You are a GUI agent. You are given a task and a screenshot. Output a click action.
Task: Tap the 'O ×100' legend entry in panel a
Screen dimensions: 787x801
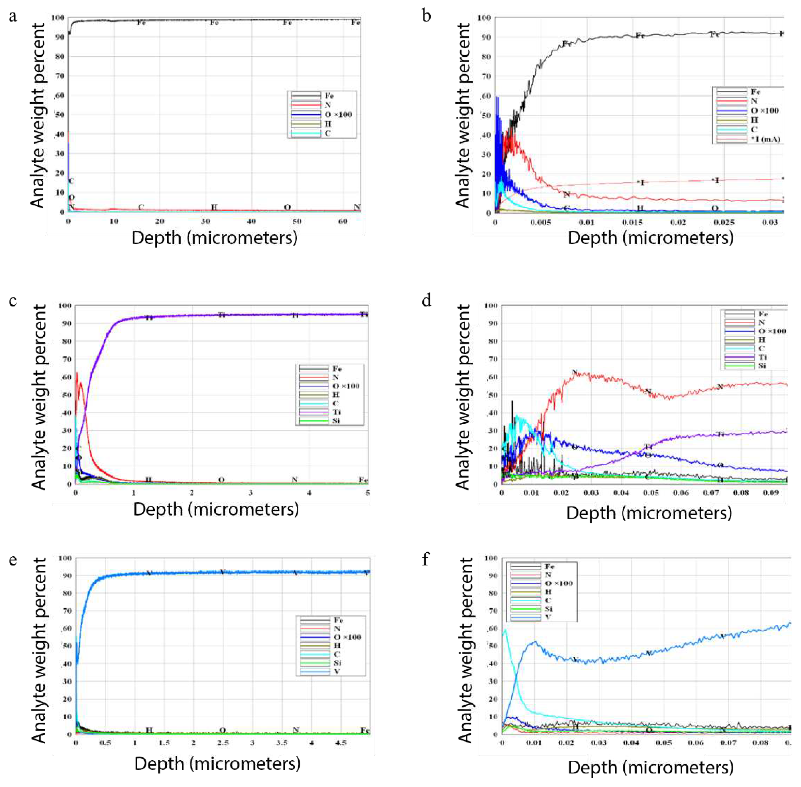click(x=338, y=115)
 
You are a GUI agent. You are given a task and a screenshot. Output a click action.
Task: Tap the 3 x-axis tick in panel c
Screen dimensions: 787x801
click(x=251, y=493)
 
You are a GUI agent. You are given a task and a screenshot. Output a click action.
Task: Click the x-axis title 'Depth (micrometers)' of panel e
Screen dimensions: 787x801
click(x=217, y=764)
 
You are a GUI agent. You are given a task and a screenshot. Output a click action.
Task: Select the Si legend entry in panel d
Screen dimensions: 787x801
click(x=762, y=366)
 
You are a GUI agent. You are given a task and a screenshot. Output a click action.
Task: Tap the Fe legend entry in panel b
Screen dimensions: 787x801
click(x=755, y=92)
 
